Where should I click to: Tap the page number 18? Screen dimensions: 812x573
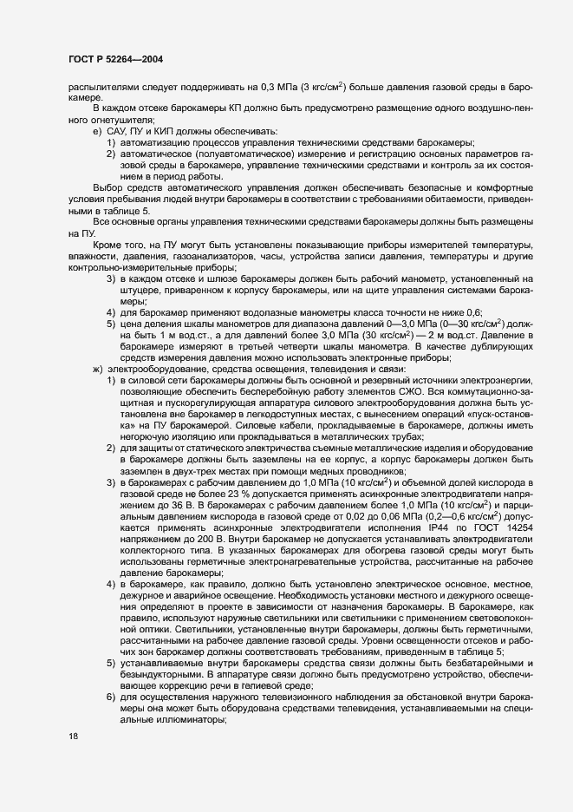72,736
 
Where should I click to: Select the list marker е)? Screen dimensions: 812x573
97,130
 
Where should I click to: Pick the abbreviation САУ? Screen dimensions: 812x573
120,130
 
